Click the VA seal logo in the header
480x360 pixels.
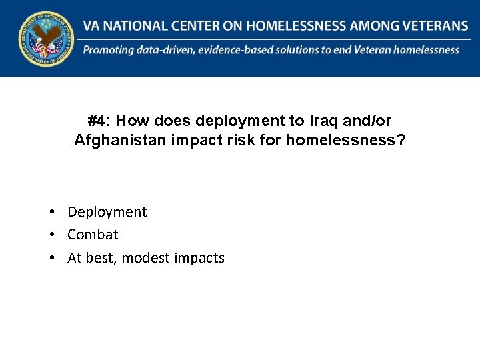click(x=46, y=38)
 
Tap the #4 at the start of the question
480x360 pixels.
click(x=97, y=121)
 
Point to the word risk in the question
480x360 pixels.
click(x=225, y=141)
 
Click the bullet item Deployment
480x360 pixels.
click(x=107, y=212)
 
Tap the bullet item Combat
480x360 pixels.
click(x=93, y=235)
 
